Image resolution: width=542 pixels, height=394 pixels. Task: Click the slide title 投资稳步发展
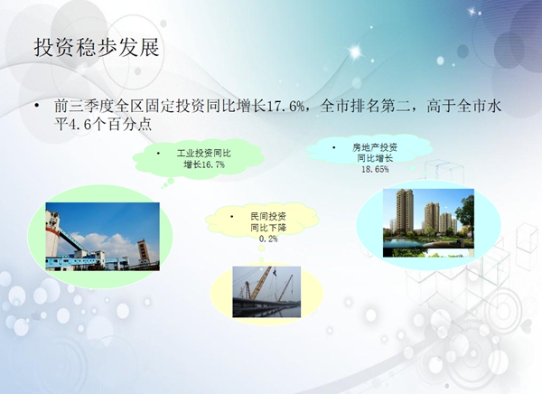97,47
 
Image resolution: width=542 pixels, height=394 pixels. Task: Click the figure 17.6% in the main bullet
285,106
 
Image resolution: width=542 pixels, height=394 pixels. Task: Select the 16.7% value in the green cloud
213,164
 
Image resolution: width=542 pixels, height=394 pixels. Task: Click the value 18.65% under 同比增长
375,169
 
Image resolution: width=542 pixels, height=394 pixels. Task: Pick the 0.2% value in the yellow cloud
268,239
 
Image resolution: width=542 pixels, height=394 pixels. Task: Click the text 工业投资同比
204,154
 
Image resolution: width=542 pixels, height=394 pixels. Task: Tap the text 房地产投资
375,147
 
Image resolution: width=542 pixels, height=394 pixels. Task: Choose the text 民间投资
268,217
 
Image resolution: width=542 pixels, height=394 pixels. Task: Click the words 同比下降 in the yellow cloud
268,228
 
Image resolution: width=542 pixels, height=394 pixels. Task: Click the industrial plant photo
103,237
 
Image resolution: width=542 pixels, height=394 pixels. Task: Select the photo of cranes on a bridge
266,292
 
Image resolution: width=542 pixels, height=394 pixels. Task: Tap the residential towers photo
428,223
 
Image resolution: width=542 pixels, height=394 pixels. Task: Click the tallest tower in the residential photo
405,211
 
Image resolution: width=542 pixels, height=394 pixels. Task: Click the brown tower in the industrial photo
144,252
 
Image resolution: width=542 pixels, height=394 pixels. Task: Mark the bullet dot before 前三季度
37,105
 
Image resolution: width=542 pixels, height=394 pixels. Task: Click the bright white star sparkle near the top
356,52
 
